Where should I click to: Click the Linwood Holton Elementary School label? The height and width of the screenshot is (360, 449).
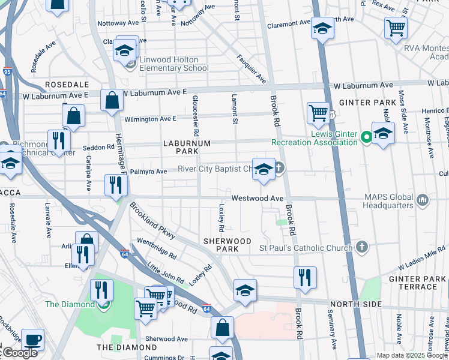tap(174, 64)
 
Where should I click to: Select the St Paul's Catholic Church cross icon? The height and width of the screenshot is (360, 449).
tap(361, 247)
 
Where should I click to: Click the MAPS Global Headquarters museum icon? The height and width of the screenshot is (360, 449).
tap(422, 199)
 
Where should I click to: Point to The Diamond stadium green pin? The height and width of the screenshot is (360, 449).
tap(104, 304)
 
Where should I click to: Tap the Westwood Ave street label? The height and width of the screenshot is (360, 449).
tap(258, 198)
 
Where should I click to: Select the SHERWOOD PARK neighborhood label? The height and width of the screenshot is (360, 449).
tap(227, 244)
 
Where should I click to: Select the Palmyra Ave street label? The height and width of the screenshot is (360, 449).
tap(148, 172)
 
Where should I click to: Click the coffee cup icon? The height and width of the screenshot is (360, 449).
tap(32, 339)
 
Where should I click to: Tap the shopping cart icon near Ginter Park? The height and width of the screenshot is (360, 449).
tap(318, 112)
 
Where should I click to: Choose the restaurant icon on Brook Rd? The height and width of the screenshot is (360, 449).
tap(305, 277)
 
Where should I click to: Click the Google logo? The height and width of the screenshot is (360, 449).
tap(19, 353)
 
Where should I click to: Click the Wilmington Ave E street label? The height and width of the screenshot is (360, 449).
tap(151, 118)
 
